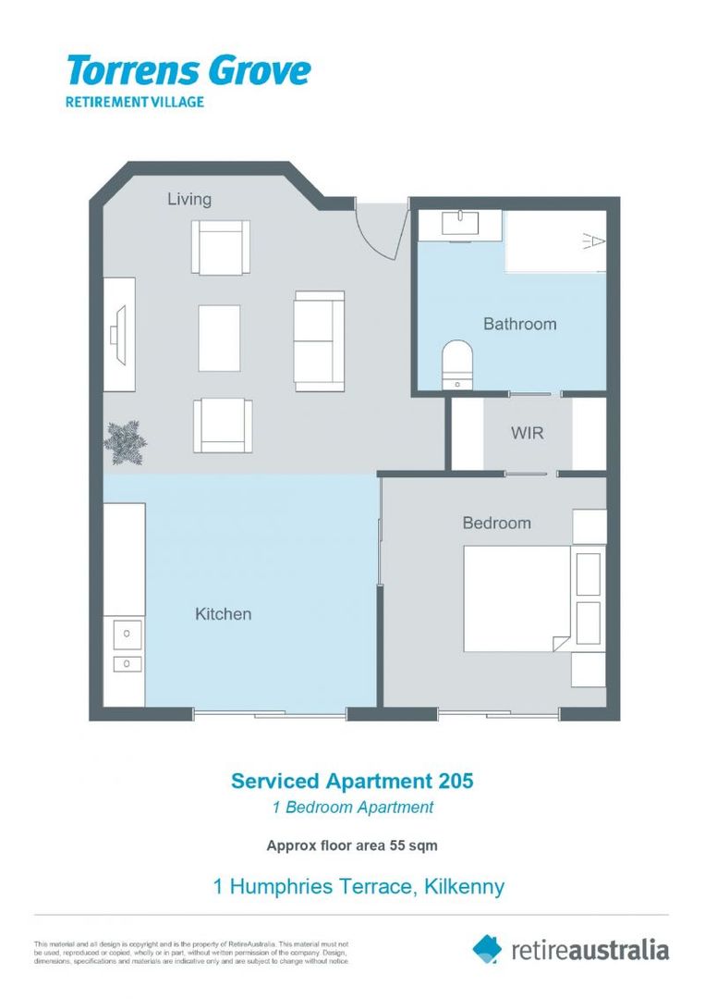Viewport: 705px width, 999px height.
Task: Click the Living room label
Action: tap(188, 199)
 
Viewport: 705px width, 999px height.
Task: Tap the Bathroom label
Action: tap(519, 324)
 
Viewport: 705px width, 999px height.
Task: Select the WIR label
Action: tap(527, 433)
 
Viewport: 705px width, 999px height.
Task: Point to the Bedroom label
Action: tap(496, 523)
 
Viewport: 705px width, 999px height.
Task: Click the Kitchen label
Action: tap(223, 613)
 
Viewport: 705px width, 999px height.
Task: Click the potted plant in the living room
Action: tap(124, 443)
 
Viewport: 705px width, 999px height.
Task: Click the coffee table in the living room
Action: tap(219, 338)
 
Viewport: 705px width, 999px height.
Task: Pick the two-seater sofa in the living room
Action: tap(319, 340)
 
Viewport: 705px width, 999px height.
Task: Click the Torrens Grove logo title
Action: tap(188, 70)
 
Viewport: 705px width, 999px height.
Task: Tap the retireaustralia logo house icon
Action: tap(487, 947)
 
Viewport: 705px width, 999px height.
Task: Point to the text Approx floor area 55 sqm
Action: tap(352, 845)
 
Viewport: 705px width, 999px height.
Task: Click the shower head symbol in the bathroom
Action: tap(594, 242)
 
